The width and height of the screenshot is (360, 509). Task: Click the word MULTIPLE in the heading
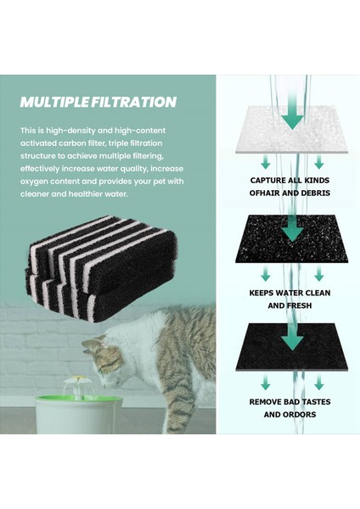click(x=53, y=103)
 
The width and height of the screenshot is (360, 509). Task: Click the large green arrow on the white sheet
click(x=291, y=115)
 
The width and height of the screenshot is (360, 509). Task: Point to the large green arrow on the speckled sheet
click(x=291, y=227)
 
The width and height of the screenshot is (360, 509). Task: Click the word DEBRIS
click(x=313, y=195)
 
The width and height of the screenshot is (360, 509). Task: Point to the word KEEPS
click(x=264, y=291)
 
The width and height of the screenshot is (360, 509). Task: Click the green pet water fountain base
click(x=81, y=414)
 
